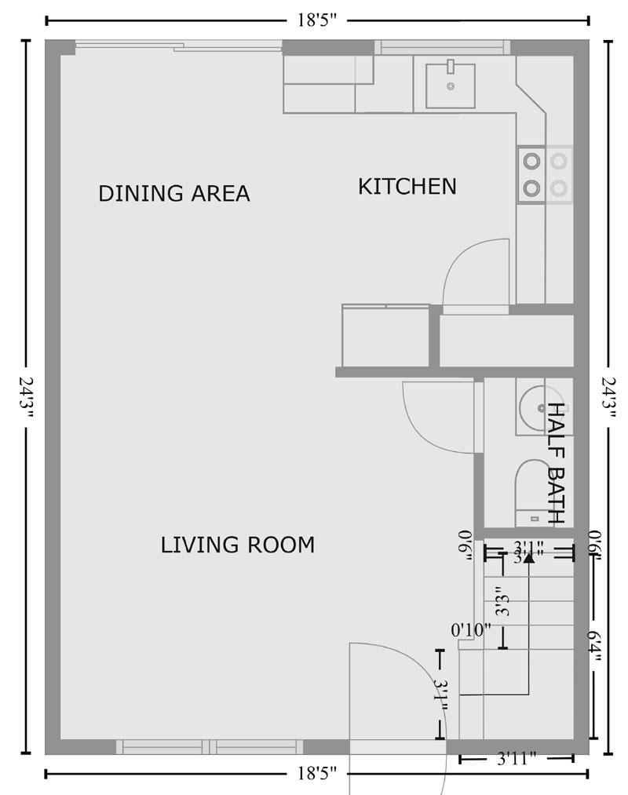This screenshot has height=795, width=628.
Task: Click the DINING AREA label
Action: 173,193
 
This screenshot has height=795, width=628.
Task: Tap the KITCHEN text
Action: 407,187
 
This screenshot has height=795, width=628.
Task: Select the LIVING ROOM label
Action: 237,545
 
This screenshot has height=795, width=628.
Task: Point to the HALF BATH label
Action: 557,463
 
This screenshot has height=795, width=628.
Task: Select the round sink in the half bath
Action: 537,407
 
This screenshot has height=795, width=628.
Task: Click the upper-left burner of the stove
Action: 532,161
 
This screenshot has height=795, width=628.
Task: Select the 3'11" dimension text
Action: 517,759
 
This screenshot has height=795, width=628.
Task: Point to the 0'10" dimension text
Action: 471,629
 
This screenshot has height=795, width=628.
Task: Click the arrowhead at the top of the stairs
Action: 529,558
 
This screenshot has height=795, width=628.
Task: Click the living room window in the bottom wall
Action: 210,746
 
